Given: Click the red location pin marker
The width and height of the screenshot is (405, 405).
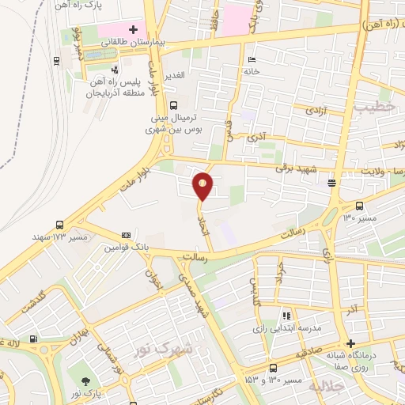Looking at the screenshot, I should coord(203,185).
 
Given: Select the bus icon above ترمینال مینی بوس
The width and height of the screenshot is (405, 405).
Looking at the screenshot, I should coord(173,103).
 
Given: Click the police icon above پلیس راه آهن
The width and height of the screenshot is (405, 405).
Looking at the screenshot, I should coord(115,70).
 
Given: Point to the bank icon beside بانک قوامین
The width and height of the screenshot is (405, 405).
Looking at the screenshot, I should coord(126,236).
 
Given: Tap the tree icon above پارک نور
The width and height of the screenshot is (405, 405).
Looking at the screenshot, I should coord(86,382).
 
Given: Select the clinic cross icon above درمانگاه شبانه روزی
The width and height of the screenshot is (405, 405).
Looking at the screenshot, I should coord(350,343).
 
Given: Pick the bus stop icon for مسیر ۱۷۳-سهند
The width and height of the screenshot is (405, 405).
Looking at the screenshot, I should coord(61,224).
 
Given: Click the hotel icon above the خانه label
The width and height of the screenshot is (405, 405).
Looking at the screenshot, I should coord(252,60).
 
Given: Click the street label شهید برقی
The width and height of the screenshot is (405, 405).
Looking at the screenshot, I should coord(294,168).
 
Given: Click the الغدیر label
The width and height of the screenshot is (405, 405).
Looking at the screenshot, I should coord(175,74).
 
